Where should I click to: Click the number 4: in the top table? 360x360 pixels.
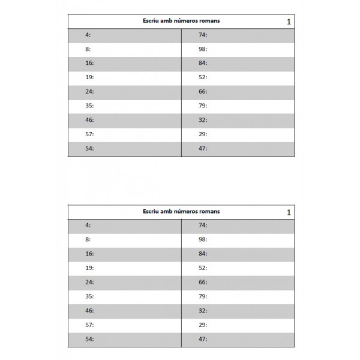tap(88, 35)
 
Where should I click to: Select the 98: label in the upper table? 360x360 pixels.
tap(203, 49)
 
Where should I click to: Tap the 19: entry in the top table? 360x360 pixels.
tap(89, 77)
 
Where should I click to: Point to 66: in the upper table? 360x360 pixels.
tap(203, 92)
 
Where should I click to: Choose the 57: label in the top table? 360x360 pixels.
tap(89, 134)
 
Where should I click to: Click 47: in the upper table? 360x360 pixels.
tap(203, 148)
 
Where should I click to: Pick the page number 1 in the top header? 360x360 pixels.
tap(289, 22)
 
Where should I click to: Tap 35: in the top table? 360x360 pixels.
tap(89, 106)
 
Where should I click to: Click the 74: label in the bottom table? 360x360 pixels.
tap(203, 225)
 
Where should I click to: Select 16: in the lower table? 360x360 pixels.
tap(89, 253)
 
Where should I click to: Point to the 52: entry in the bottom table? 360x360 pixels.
tap(203, 268)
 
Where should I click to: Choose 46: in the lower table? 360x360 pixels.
tap(89, 310)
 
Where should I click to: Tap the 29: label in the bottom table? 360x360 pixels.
tap(203, 324)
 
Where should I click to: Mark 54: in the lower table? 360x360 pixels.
tap(89, 338)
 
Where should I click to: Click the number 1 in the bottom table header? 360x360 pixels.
tap(289, 212)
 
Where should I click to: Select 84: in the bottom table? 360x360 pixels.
tap(203, 253)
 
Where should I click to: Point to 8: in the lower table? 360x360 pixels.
tap(88, 239)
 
